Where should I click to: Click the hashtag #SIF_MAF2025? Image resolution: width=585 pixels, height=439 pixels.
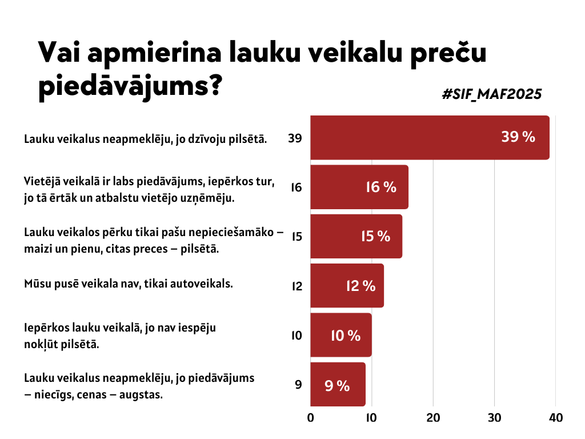tap(492, 94)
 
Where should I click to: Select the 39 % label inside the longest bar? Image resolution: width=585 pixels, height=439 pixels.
tap(518, 137)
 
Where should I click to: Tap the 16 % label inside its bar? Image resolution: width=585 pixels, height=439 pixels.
tap(381, 187)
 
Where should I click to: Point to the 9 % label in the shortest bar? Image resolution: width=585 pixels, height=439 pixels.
tap(337, 386)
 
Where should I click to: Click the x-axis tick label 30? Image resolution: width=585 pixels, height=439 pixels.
tap(495, 417)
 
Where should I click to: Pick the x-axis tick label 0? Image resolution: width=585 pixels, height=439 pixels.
tap(311, 417)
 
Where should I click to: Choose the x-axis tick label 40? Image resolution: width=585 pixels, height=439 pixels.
tap(556, 417)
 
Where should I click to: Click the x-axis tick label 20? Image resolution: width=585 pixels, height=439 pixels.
tap(433, 417)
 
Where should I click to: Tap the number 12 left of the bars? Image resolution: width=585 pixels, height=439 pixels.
tap(296, 286)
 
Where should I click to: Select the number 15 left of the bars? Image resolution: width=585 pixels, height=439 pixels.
tap(296, 237)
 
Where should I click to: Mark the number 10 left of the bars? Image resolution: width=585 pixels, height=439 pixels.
tap(296, 336)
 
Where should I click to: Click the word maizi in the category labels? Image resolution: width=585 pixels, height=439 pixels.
tap(37, 249)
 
